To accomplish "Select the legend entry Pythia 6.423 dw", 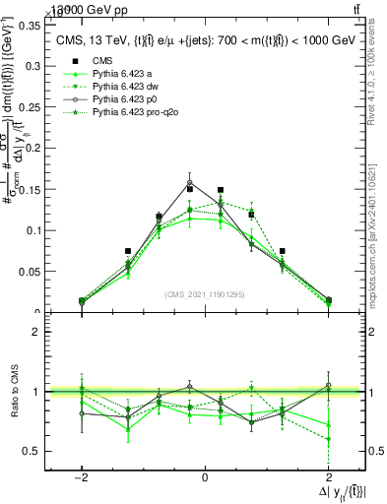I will tap(123, 87).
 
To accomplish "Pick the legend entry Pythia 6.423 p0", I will tap(123, 100).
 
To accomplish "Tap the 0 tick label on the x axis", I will tap(205, 476).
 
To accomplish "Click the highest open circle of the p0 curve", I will tap(190, 183).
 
